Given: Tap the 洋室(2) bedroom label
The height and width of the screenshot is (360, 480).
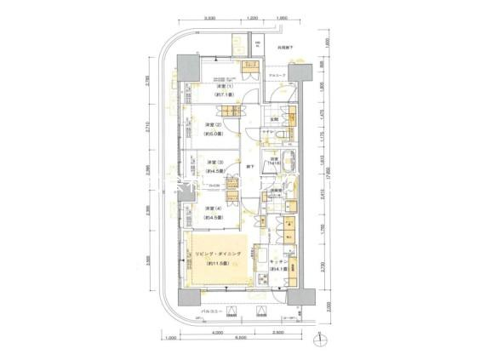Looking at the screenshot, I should (214, 125).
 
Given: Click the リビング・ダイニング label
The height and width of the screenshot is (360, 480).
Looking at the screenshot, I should (219, 254).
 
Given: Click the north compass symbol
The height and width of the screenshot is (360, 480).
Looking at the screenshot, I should (319, 341).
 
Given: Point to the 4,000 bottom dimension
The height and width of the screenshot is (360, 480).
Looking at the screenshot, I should (218, 331).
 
